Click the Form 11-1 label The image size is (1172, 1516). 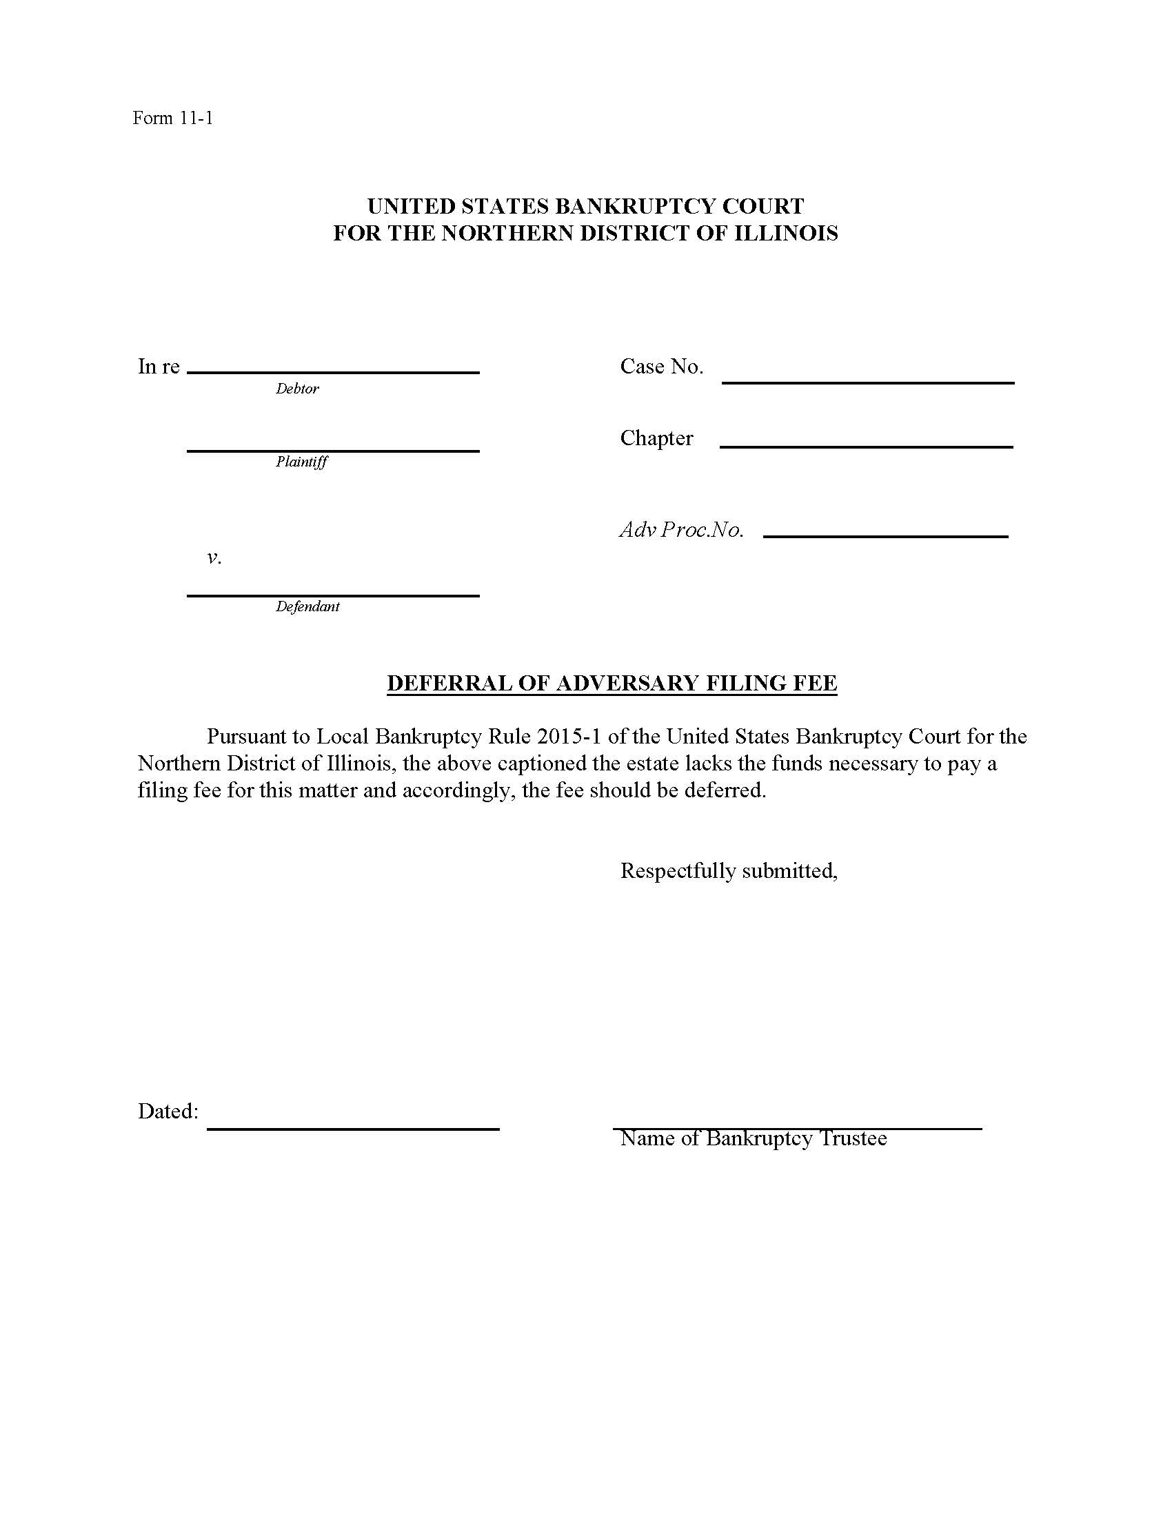(x=172, y=118)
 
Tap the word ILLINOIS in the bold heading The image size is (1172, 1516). (x=786, y=233)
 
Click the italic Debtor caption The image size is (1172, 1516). (x=297, y=389)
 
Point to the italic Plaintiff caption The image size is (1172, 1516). (x=301, y=462)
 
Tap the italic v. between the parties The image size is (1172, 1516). (x=214, y=557)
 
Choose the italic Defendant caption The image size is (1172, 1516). (x=307, y=606)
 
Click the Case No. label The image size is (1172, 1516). (x=662, y=367)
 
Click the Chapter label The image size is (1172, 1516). (x=656, y=438)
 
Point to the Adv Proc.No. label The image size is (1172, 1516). (x=681, y=531)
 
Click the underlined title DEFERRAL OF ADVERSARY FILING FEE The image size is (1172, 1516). (x=612, y=683)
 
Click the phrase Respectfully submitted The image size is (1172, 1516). (x=728, y=870)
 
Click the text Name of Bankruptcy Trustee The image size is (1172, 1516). (x=754, y=1138)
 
